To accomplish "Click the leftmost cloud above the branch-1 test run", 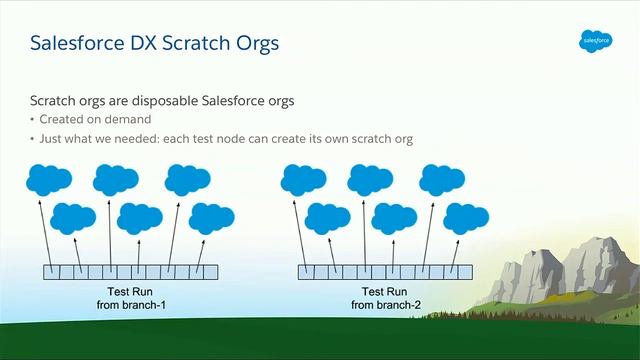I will point(48,179).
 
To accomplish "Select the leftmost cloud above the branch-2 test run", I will point(303,179).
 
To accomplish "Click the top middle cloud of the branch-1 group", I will point(116,179).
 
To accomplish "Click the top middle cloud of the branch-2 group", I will point(371,179).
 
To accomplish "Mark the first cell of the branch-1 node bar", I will point(50,271).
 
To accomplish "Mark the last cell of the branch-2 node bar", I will point(464,271).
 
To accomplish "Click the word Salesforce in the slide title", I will point(75,44).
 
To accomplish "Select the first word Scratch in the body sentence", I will point(54,102).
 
